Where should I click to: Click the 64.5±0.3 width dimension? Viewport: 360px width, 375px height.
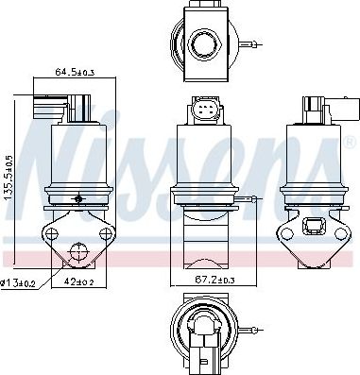75,72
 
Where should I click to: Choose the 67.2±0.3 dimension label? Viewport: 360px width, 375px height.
214,280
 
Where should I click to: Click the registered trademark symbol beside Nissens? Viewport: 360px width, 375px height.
350,143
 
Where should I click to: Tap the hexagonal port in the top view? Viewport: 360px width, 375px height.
205,44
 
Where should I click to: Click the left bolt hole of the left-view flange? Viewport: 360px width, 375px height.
51,234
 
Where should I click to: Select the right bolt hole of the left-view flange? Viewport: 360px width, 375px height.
106,234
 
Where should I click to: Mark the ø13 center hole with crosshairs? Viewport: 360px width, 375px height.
78,251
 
